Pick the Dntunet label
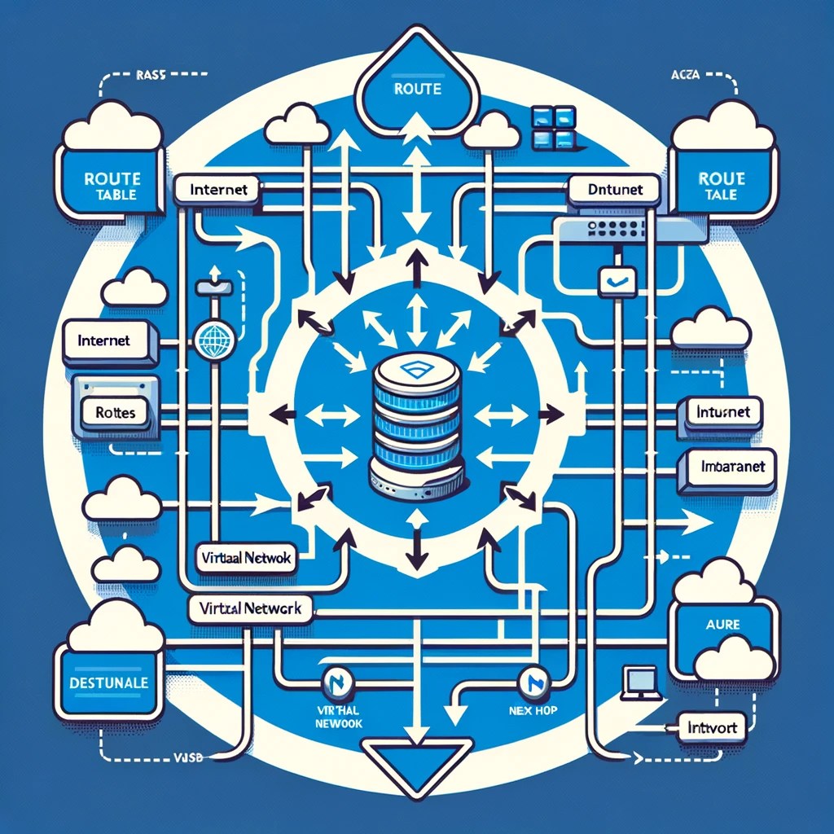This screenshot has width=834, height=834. click(615, 190)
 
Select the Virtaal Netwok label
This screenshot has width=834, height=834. click(249, 559)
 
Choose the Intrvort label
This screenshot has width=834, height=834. click(713, 728)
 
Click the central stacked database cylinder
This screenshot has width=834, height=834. click(416, 428)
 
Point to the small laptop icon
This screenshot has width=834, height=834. click(639, 683)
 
